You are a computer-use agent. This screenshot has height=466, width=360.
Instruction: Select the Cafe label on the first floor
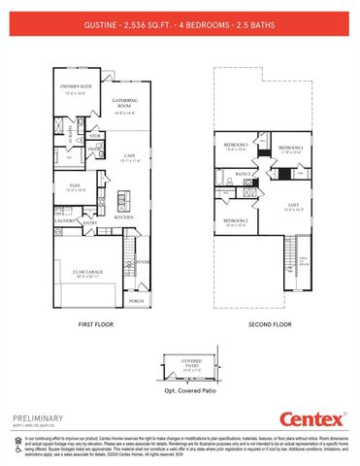[128, 156]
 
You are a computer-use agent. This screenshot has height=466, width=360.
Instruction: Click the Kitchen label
[123, 217]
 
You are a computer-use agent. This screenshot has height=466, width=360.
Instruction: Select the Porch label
[136, 301]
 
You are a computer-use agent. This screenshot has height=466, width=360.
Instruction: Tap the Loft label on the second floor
[292, 205]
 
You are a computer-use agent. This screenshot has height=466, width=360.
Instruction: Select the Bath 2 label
[244, 175]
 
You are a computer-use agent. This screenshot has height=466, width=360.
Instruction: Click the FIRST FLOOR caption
[96, 324]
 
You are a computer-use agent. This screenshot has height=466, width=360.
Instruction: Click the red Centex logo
[312, 419]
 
